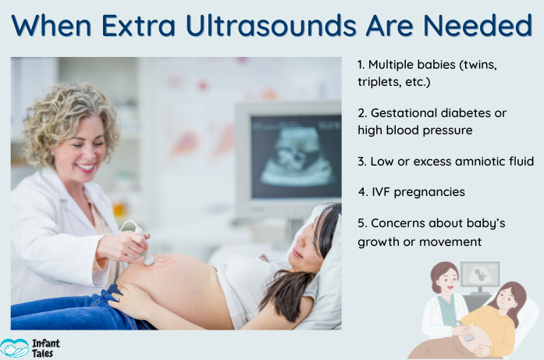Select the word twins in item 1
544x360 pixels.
click(x=478, y=66)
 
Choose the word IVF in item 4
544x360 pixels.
click(x=385, y=191)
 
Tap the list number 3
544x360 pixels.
click(x=362, y=162)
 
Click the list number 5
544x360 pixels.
click(x=362, y=223)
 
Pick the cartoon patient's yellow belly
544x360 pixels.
click(x=488, y=328)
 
